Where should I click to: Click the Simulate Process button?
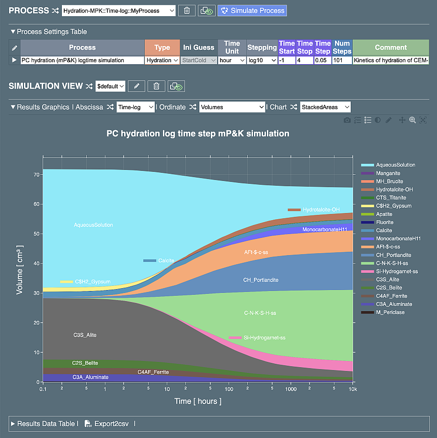click(252, 10)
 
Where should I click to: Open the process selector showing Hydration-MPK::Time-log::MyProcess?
click(118, 11)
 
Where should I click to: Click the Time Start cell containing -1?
click(287, 60)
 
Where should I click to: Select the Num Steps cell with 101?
click(342, 60)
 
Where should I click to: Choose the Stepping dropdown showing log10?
click(262, 60)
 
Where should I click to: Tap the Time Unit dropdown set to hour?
click(232, 60)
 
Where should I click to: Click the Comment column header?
click(391, 47)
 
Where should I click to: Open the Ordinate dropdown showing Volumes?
click(232, 107)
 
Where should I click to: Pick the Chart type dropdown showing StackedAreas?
click(325, 107)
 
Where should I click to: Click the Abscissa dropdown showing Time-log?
click(136, 107)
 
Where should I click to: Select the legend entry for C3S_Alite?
click(387, 280)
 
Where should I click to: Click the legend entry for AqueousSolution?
click(395, 165)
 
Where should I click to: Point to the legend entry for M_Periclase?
click(391, 313)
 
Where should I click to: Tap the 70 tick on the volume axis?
click(36, 175)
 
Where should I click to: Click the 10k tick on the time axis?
click(352, 389)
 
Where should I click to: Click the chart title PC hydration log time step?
click(197, 134)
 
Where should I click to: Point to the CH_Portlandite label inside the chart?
click(261, 280)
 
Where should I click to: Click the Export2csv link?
click(109, 424)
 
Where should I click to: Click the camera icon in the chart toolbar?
click(347, 120)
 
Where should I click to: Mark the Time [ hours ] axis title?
click(197, 401)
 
